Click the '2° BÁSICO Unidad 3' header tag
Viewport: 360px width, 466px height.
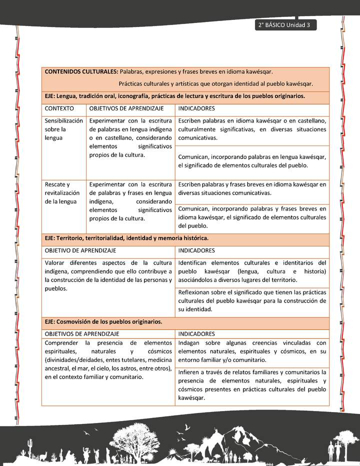tap(285, 25)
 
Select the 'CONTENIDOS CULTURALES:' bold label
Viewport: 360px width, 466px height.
tap(81, 72)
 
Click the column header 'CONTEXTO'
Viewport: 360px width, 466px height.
tap(59, 108)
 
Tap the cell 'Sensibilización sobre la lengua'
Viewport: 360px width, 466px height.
tap(63, 129)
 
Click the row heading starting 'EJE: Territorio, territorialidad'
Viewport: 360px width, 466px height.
tap(126, 238)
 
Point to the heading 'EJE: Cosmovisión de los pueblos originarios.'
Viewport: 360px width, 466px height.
tap(103, 322)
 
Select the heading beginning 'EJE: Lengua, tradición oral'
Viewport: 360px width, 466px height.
tap(174, 96)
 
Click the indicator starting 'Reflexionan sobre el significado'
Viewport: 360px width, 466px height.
tap(252, 300)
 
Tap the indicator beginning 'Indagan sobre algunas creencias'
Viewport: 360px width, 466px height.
tap(252, 351)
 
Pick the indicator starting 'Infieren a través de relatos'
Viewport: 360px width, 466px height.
tap(252, 385)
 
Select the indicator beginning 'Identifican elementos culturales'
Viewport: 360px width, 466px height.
tap(252, 271)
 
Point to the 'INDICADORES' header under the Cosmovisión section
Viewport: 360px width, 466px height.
tap(196, 334)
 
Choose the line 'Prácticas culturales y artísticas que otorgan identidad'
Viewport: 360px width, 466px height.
tap(216, 83)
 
